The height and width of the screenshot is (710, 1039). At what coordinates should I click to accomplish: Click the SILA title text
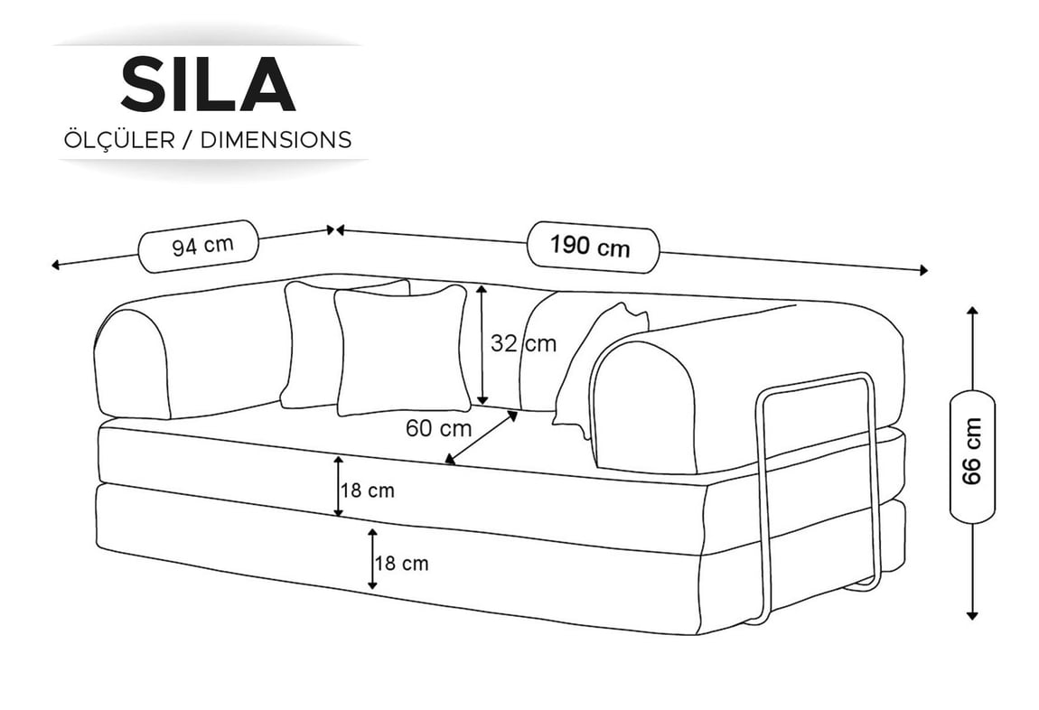[208, 84]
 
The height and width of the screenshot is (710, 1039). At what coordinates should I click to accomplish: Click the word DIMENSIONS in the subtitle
[276, 140]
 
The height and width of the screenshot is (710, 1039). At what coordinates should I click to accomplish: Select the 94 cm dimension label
[202, 246]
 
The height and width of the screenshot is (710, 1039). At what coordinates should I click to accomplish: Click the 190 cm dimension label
[590, 247]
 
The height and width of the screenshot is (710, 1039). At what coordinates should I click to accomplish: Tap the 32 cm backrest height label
[523, 343]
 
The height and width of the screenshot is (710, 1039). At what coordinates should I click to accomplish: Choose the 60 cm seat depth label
[439, 428]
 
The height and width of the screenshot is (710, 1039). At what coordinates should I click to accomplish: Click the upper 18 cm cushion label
[368, 490]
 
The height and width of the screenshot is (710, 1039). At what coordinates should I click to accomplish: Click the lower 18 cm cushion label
[402, 564]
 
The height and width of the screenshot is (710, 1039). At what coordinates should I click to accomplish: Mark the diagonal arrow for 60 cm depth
[481, 437]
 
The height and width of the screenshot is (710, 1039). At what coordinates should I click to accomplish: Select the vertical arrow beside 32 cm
[482, 344]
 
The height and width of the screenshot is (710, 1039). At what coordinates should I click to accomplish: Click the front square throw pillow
[401, 350]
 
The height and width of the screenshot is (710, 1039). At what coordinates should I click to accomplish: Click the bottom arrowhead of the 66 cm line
[972, 615]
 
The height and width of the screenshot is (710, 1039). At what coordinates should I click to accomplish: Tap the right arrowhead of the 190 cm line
[923, 269]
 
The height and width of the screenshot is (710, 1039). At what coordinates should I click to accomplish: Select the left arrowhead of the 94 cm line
[56, 266]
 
